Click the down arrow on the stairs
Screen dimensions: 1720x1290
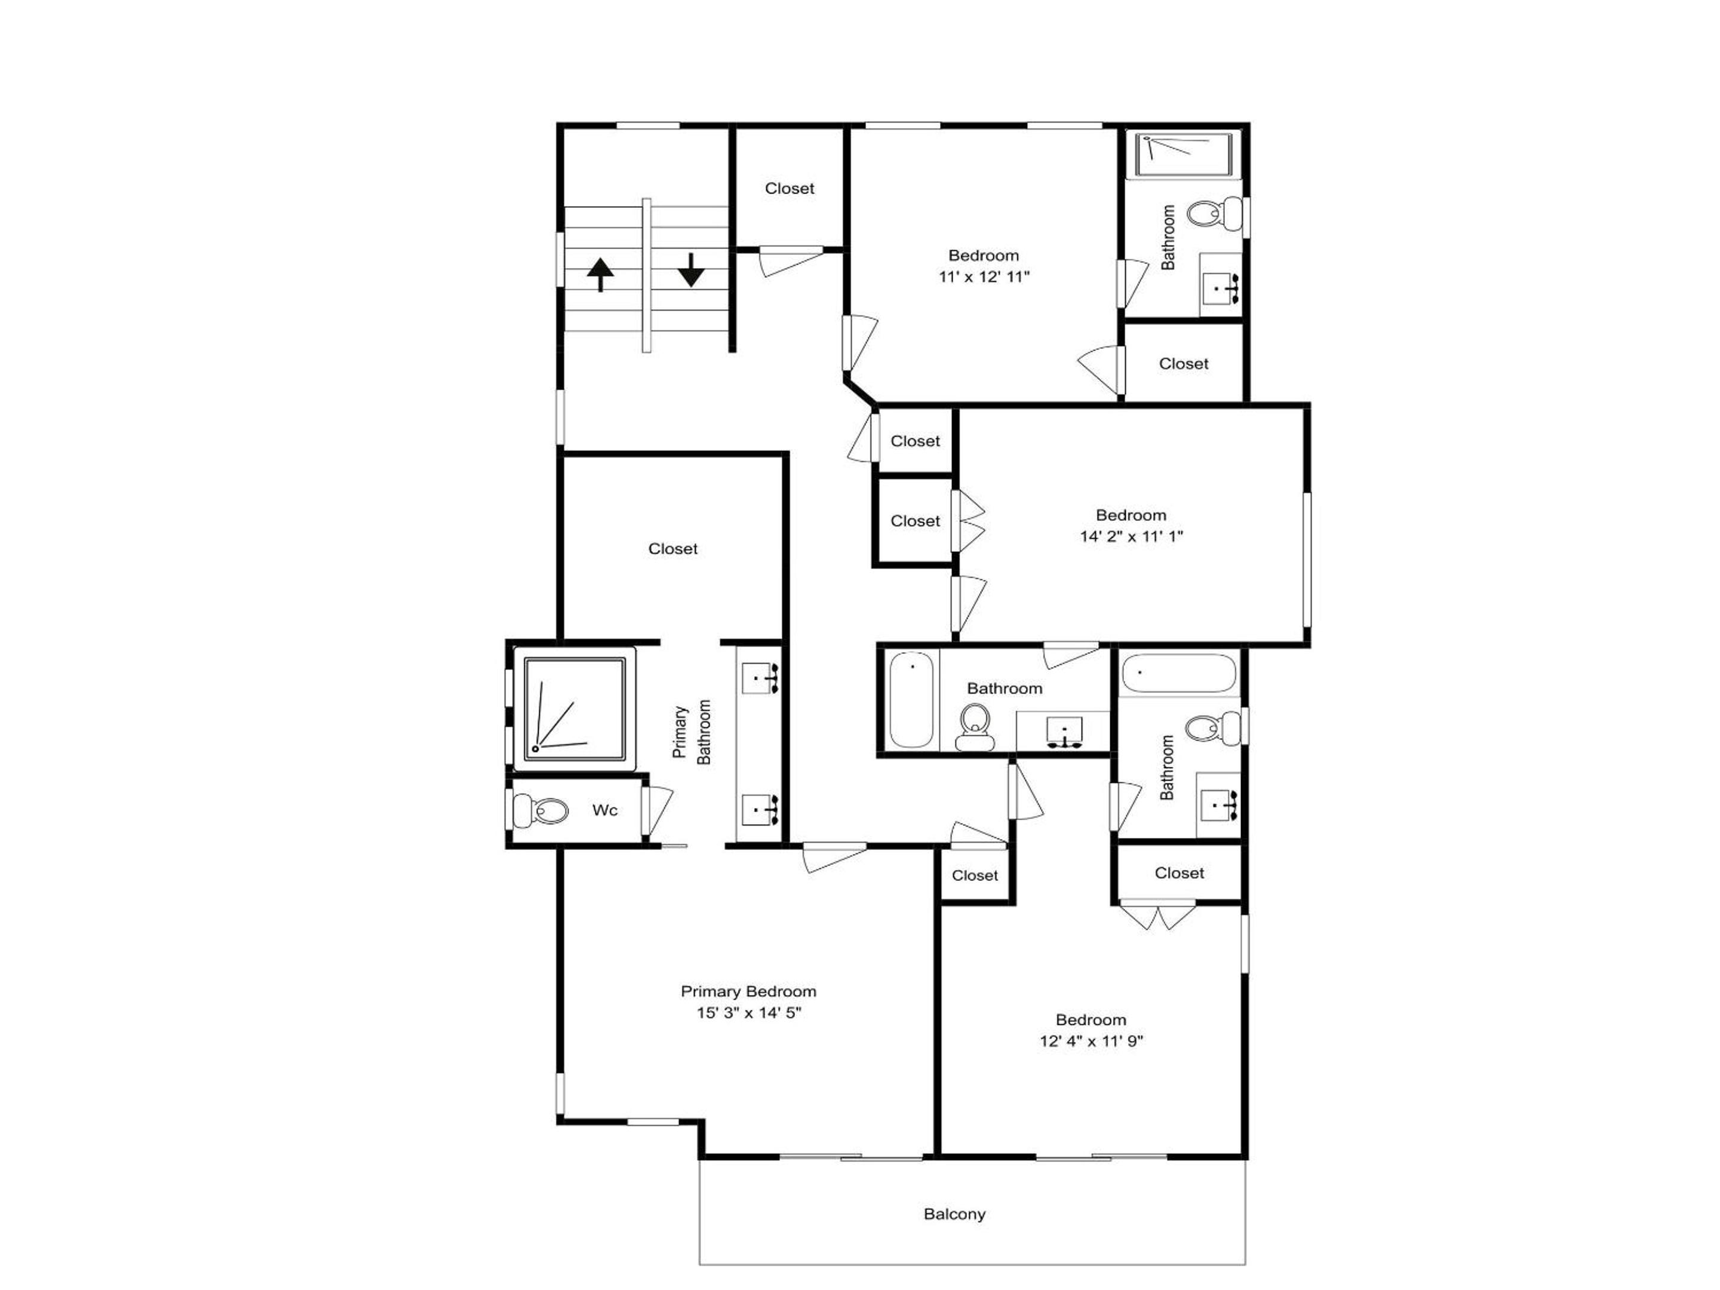coord(690,270)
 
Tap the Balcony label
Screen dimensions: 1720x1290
coord(954,1214)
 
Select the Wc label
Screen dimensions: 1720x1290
coord(605,810)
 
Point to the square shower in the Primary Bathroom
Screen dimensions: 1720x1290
coord(575,708)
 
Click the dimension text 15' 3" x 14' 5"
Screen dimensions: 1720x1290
coord(748,1012)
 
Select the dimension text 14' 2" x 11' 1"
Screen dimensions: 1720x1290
coord(1131,536)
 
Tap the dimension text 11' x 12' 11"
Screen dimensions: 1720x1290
coord(984,276)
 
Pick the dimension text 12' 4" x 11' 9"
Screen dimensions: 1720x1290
coord(1091,1040)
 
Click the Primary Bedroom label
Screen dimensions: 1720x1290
coord(748,991)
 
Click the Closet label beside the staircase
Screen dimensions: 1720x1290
coord(790,188)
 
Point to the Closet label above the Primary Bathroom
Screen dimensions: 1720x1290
coord(672,549)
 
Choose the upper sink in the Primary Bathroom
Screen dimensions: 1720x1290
coord(759,678)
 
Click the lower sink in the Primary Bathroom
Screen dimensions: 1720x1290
coord(759,809)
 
